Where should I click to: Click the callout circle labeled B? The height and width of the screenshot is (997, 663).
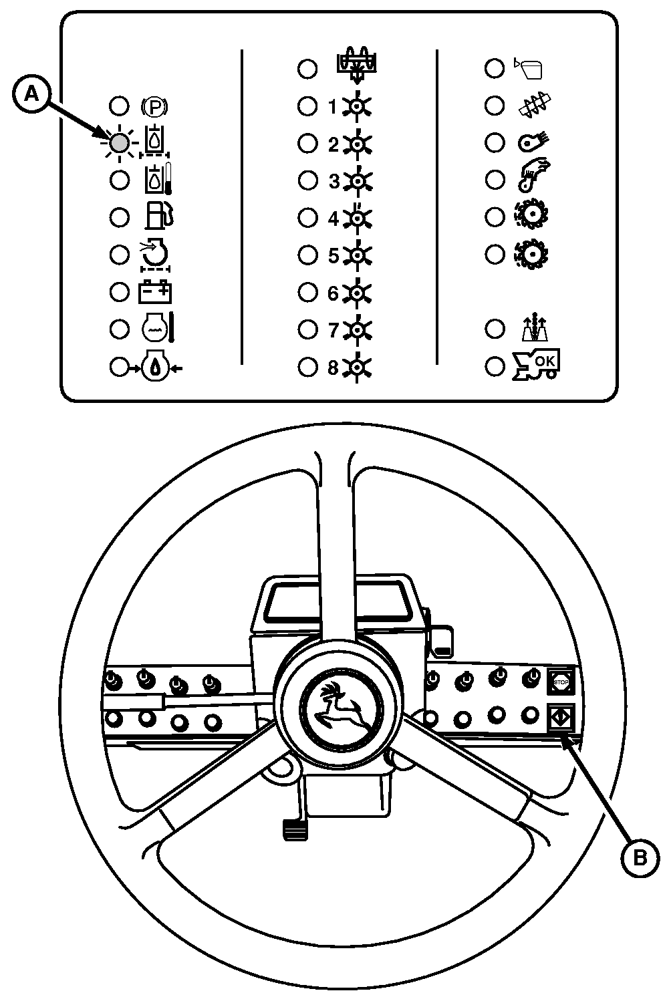pyautogui.click(x=640, y=856)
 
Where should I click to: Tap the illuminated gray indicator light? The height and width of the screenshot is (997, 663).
pyautogui.click(x=120, y=142)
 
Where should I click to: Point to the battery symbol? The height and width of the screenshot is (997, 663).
pyautogui.click(x=155, y=292)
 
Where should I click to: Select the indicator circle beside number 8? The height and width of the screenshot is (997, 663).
pyautogui.click(x=307, y=367)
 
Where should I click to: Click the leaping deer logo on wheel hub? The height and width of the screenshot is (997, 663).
pyautogui.click(x=336, y=713)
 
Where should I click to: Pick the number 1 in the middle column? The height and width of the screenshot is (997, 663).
pyautogui.click(x=333, y=107)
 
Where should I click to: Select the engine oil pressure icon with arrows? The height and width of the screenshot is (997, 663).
pyautogui.click(x=155, y=367)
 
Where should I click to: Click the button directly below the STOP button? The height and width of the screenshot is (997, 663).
pyautogui.click(x=559, y=718)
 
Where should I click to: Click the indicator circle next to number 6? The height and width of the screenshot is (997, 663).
pyautogui.click(x=307, y=292)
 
